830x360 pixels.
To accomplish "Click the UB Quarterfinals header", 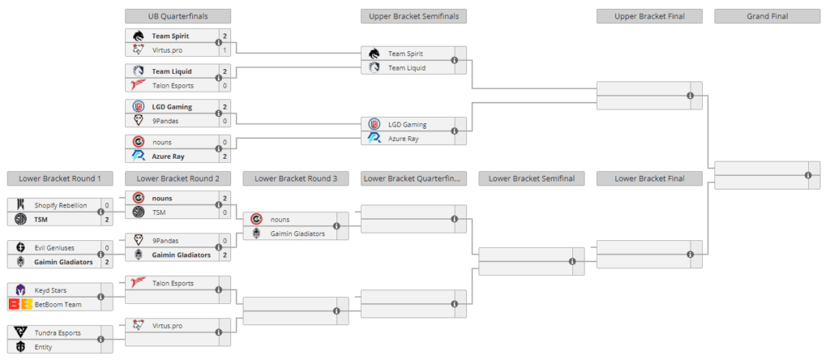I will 178,16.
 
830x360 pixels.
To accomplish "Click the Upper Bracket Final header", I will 648,16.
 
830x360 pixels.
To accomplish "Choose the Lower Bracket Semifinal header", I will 531,178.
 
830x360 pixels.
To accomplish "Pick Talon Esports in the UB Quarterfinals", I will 173,85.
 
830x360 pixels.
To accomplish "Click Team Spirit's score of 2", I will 225,36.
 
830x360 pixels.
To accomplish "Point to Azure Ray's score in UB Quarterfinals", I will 225,156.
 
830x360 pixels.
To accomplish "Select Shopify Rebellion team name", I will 61,205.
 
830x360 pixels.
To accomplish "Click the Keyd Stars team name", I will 51,289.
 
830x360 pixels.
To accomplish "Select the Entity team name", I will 44,346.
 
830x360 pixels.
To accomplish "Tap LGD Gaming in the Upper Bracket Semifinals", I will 408,124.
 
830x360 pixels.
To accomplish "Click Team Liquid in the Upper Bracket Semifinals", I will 408,67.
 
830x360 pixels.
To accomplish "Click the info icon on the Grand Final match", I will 808,175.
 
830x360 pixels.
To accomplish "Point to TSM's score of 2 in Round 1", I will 107,220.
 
